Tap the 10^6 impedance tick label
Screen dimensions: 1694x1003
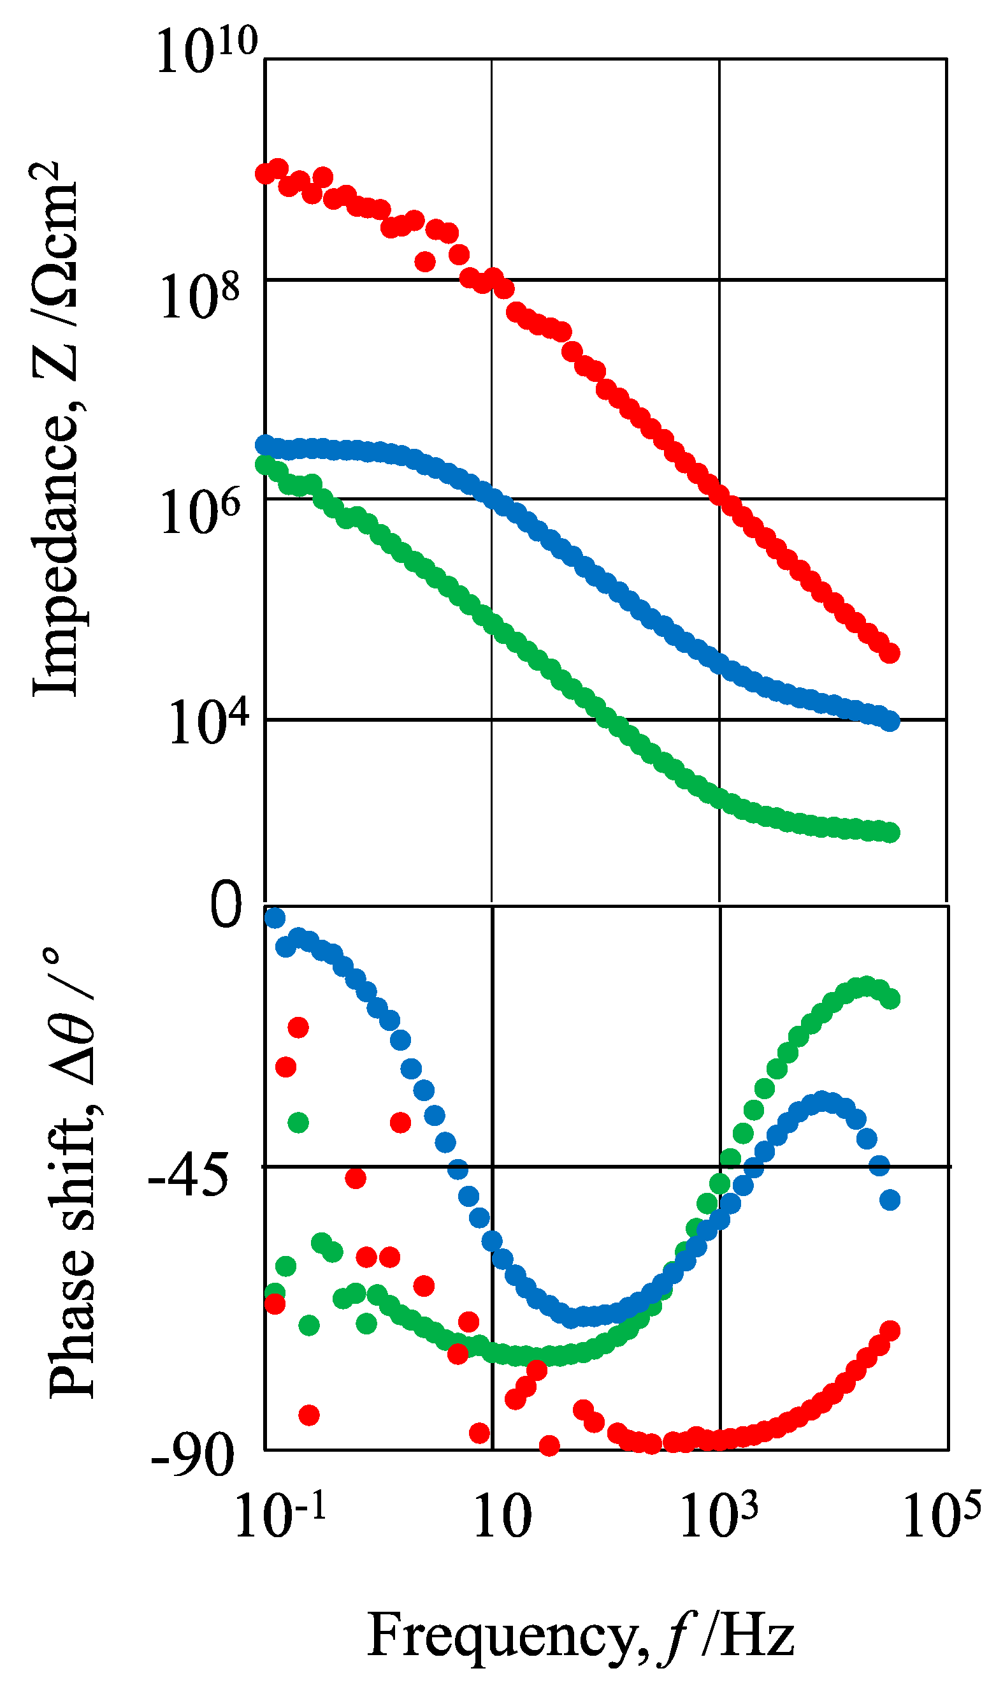tap(199, 513)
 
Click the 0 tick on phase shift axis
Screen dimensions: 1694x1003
tap(226, 906)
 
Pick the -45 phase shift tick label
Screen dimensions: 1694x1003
tap(189, 1178)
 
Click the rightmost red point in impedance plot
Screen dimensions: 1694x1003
tap(890, 654)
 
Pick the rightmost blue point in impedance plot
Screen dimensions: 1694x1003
tap(890, 722)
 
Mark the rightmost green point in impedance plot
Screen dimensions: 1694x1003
tap(890, 833)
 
